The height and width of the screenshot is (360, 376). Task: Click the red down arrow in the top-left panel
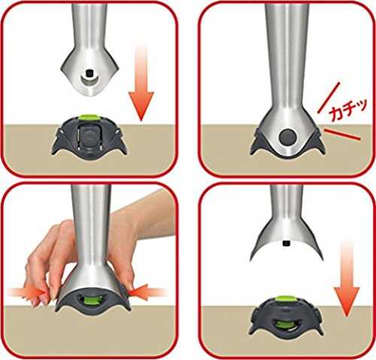(x=141, y=83)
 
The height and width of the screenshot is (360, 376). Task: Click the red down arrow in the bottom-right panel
(x=347, y=278)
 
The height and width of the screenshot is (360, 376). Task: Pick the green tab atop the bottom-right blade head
(x=285, y=298)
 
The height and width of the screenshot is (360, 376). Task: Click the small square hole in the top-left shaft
(x=89, y=73)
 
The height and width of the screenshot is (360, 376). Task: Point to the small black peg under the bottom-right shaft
(x=287, y=243)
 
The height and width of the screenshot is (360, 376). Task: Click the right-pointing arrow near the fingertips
(x=28, y=292)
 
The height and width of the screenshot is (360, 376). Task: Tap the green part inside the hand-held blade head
(x=91, y=298)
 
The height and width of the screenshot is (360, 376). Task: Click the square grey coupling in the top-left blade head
(x=89, y=137)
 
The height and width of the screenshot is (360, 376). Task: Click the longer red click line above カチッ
(x=329, y=97)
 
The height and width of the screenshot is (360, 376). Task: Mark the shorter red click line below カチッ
(x=342, y=134)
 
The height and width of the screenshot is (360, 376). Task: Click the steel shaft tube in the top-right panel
(x=287, y=54)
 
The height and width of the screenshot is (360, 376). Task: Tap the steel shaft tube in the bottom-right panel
(x=287, y=203)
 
